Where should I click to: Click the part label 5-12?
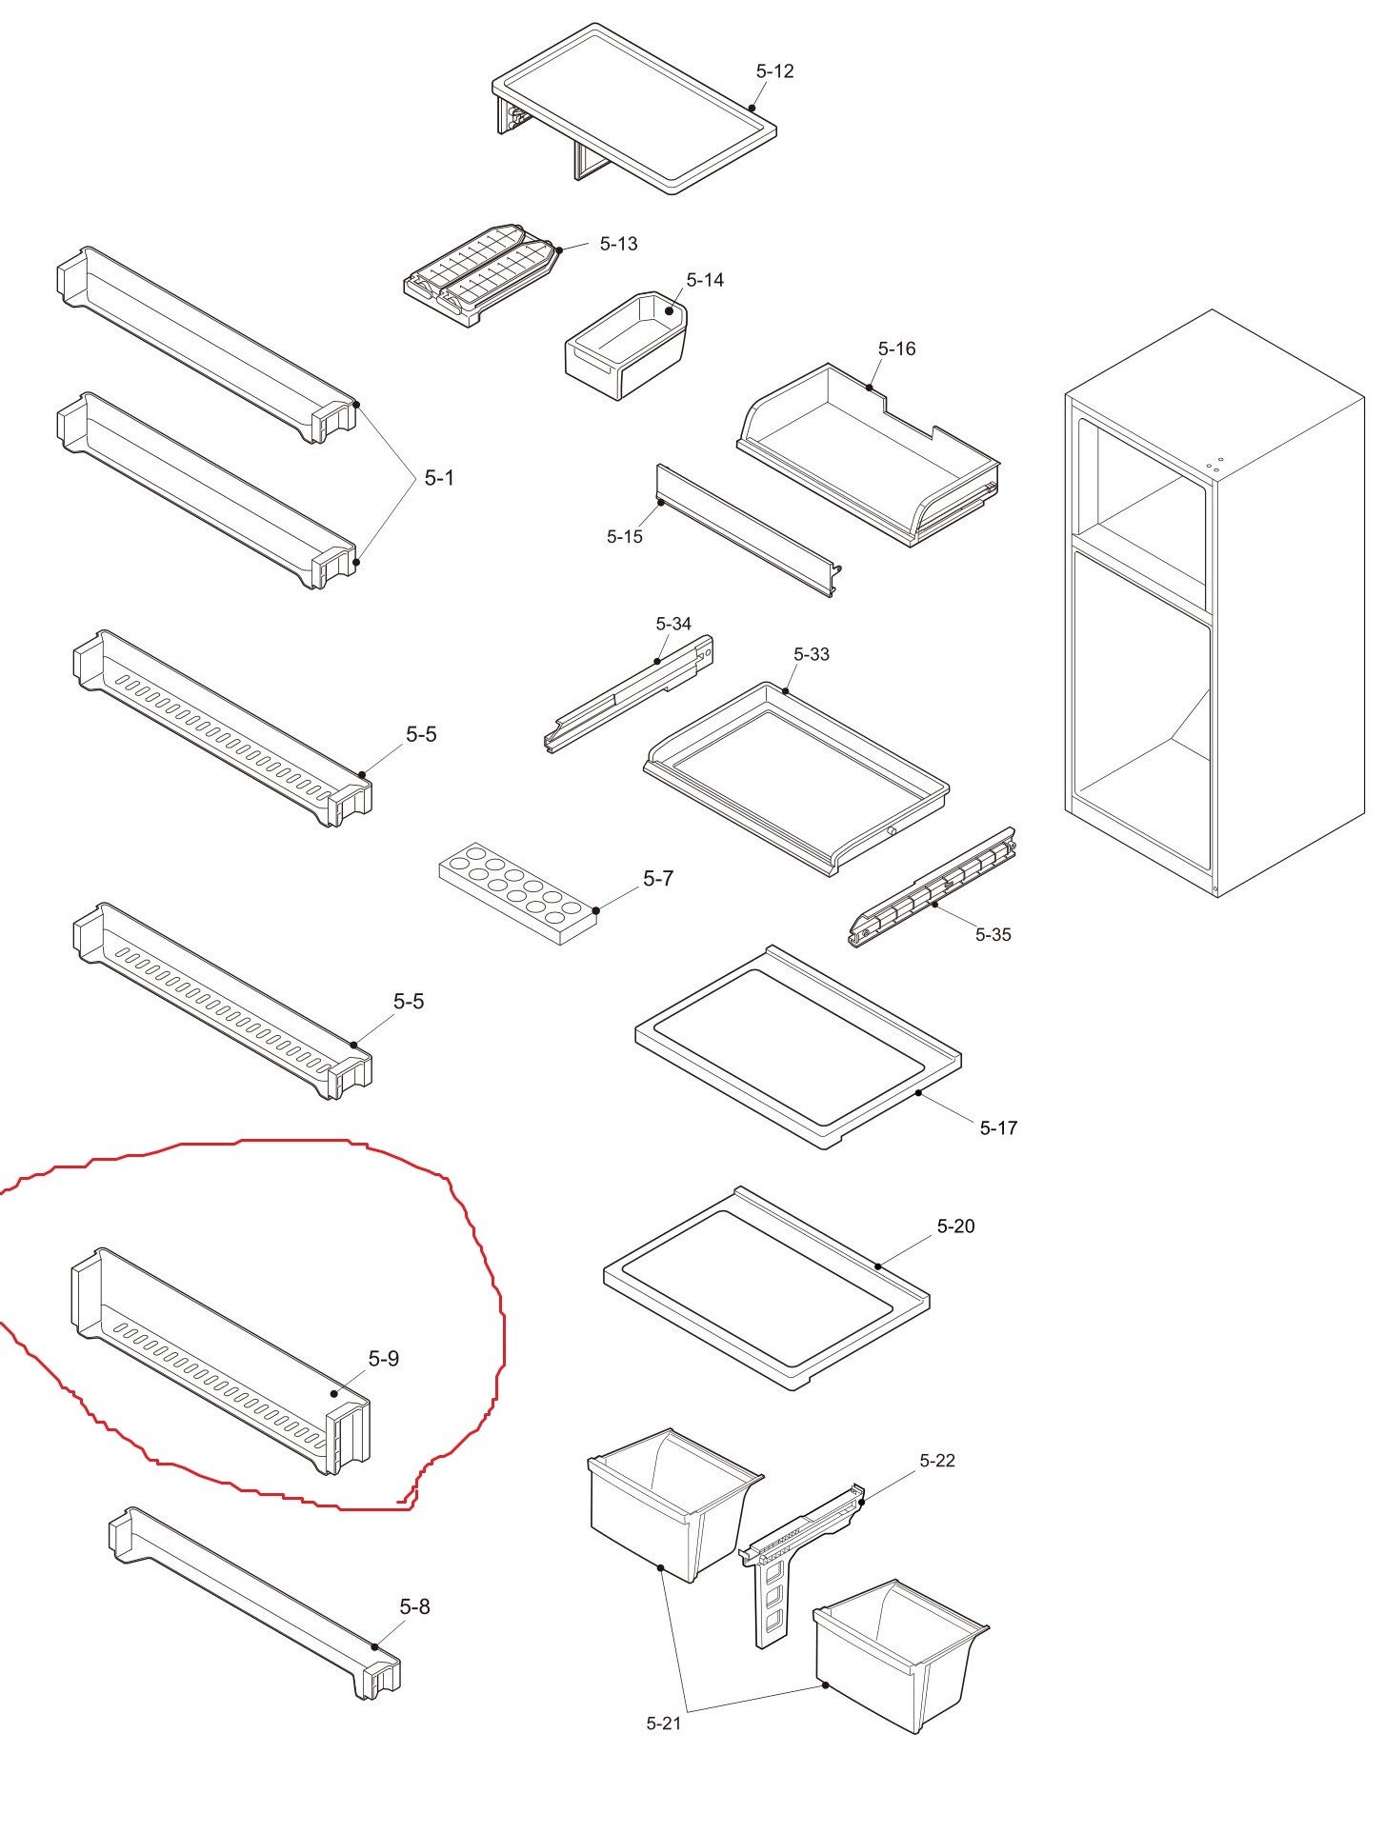pos(774,71)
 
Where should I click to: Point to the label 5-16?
pos(896,349)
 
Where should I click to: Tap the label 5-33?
pos(812,654)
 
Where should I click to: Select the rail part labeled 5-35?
pos(932,887)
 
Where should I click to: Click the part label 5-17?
pos(998,1128)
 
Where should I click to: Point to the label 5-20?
pos(955,1226)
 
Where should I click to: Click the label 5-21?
pos(664,1723)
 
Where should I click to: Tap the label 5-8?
pos(414,1607)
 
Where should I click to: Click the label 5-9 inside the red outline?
pos(384,1359)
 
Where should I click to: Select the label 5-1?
pos(439,478)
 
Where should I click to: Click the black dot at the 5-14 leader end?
pos(670,310)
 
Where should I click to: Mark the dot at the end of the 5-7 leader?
pos(596,910)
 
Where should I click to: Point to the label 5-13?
pos(618,244)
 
